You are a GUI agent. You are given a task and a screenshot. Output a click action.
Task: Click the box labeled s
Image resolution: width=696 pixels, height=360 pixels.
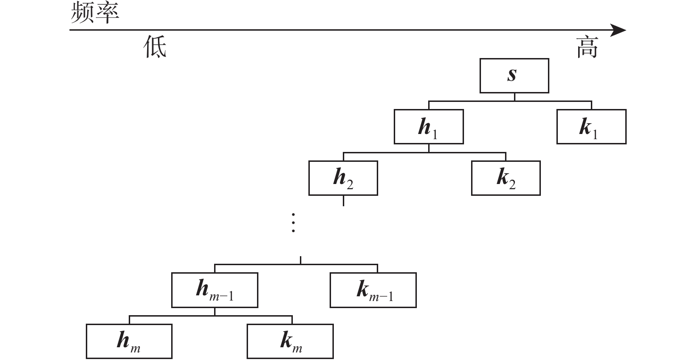(514, 75)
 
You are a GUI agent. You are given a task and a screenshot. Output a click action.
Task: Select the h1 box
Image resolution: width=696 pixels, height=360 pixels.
(429, 126)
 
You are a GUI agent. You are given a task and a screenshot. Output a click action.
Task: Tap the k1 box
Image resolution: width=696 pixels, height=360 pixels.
(591, 126)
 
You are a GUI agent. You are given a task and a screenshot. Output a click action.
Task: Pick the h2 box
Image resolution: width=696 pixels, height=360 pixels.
(343, 178)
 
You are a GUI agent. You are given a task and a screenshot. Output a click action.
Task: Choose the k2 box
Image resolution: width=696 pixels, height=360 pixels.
(506, 178)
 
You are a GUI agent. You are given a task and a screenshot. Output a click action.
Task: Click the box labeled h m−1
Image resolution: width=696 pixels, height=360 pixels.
(215, 290)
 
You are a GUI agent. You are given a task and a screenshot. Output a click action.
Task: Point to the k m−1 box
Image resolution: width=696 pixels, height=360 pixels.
(373, 290)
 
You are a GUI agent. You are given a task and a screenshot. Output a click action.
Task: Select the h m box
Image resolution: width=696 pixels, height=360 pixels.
(129, 341)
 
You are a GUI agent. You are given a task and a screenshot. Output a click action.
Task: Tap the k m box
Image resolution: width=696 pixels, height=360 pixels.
(290, 341)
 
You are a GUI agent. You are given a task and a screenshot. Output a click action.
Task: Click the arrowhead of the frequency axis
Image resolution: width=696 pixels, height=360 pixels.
(618, 30)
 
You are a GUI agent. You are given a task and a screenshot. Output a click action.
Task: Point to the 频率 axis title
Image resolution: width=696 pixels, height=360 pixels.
(95, 12)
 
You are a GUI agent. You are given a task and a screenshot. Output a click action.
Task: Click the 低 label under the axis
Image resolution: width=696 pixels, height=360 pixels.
(155, 47)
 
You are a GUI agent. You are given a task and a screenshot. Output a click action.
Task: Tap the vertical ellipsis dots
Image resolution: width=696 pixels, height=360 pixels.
(293, 223)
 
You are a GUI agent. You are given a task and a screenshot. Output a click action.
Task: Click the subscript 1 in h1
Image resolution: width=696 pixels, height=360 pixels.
(435, 134)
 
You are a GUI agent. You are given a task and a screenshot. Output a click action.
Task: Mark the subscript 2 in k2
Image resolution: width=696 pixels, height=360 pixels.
(513, 185)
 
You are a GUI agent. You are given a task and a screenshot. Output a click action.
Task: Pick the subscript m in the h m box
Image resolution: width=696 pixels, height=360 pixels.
(135, 349)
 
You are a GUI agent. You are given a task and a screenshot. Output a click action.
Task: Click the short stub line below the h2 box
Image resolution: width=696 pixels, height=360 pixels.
(343, 201)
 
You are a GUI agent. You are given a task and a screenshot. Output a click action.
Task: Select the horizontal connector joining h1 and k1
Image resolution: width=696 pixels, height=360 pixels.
(510, 101)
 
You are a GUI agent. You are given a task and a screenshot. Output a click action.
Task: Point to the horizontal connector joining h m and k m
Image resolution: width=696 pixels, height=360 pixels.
(211, 316)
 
